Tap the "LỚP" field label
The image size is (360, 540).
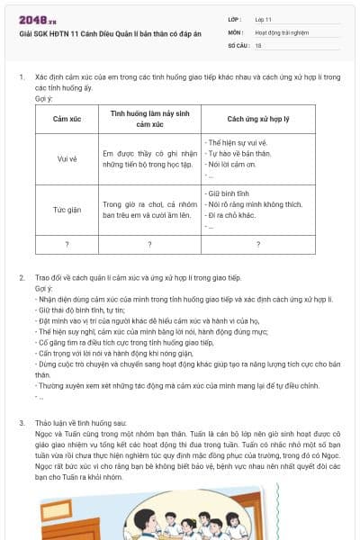coord(235,18)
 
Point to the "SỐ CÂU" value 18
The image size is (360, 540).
coord(259,43)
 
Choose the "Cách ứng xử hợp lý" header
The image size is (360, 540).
coord(257,119)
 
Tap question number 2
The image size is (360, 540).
coord(22,278)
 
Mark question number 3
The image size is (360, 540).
coord(22,422)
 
